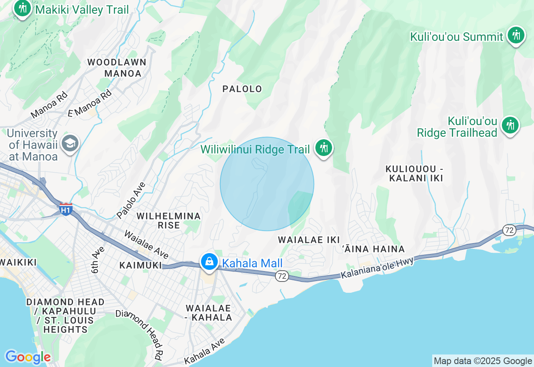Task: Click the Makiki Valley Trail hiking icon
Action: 23,8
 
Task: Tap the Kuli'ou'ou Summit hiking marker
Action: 516,35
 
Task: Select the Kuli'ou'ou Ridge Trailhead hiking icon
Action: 510,125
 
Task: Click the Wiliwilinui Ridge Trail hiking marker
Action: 323,148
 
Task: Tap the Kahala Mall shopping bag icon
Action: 209,262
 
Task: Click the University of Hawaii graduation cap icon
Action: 70,144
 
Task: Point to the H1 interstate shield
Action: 65,209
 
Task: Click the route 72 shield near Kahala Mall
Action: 282,276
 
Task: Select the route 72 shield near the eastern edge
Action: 509,230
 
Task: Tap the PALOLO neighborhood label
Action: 242,89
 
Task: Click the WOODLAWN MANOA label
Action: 117,68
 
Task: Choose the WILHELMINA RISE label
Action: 169,221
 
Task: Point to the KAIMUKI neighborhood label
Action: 140,265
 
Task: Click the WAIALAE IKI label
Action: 306,240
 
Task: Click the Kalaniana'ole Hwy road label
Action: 377,268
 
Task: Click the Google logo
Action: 28,357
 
